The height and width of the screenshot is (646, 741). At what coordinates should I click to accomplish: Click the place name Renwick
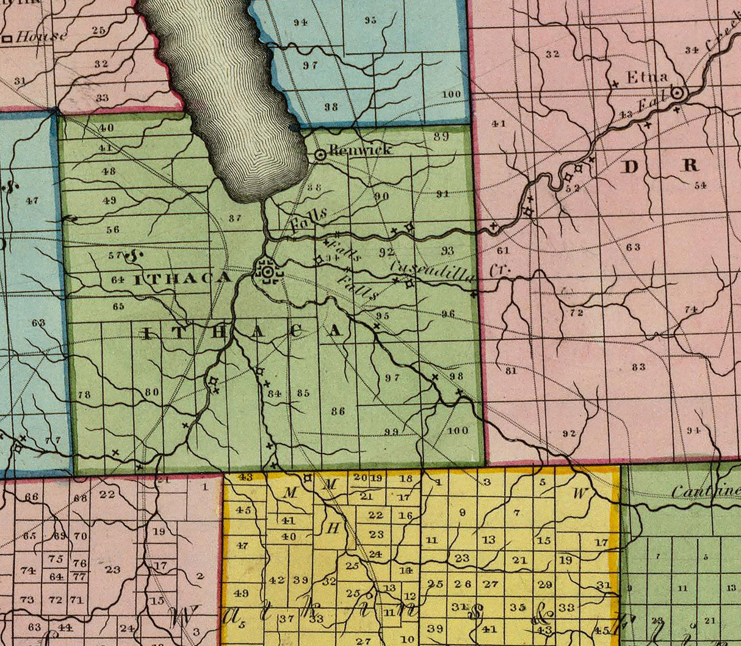(x=360, y=150)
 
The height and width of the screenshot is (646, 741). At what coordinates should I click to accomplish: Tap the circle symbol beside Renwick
(x=320, y=155)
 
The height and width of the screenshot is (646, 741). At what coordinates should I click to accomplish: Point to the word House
(x=41, y=37)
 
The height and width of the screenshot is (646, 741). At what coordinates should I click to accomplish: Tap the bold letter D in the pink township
(x=630, y=166)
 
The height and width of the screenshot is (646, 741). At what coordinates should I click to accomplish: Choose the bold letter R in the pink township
(x=690, y=165)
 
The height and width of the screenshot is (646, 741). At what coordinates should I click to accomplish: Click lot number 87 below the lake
(x=235, y=218)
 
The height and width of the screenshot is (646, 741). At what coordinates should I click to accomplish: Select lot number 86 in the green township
(x=338, y=411)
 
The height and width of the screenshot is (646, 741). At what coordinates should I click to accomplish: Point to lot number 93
(x=447, y=250)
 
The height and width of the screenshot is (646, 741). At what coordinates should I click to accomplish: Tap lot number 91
(x=443, y=194)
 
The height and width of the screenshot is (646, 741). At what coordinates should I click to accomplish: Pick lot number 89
(x=441, y=137)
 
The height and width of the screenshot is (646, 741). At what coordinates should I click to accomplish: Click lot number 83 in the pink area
(x=639, y=366)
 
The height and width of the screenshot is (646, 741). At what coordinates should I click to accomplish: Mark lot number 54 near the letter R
(x=699, y=185)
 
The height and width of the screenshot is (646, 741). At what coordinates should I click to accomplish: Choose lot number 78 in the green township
(x=84, y=395)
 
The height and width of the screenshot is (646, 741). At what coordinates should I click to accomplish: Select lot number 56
(x=113, y=230)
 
